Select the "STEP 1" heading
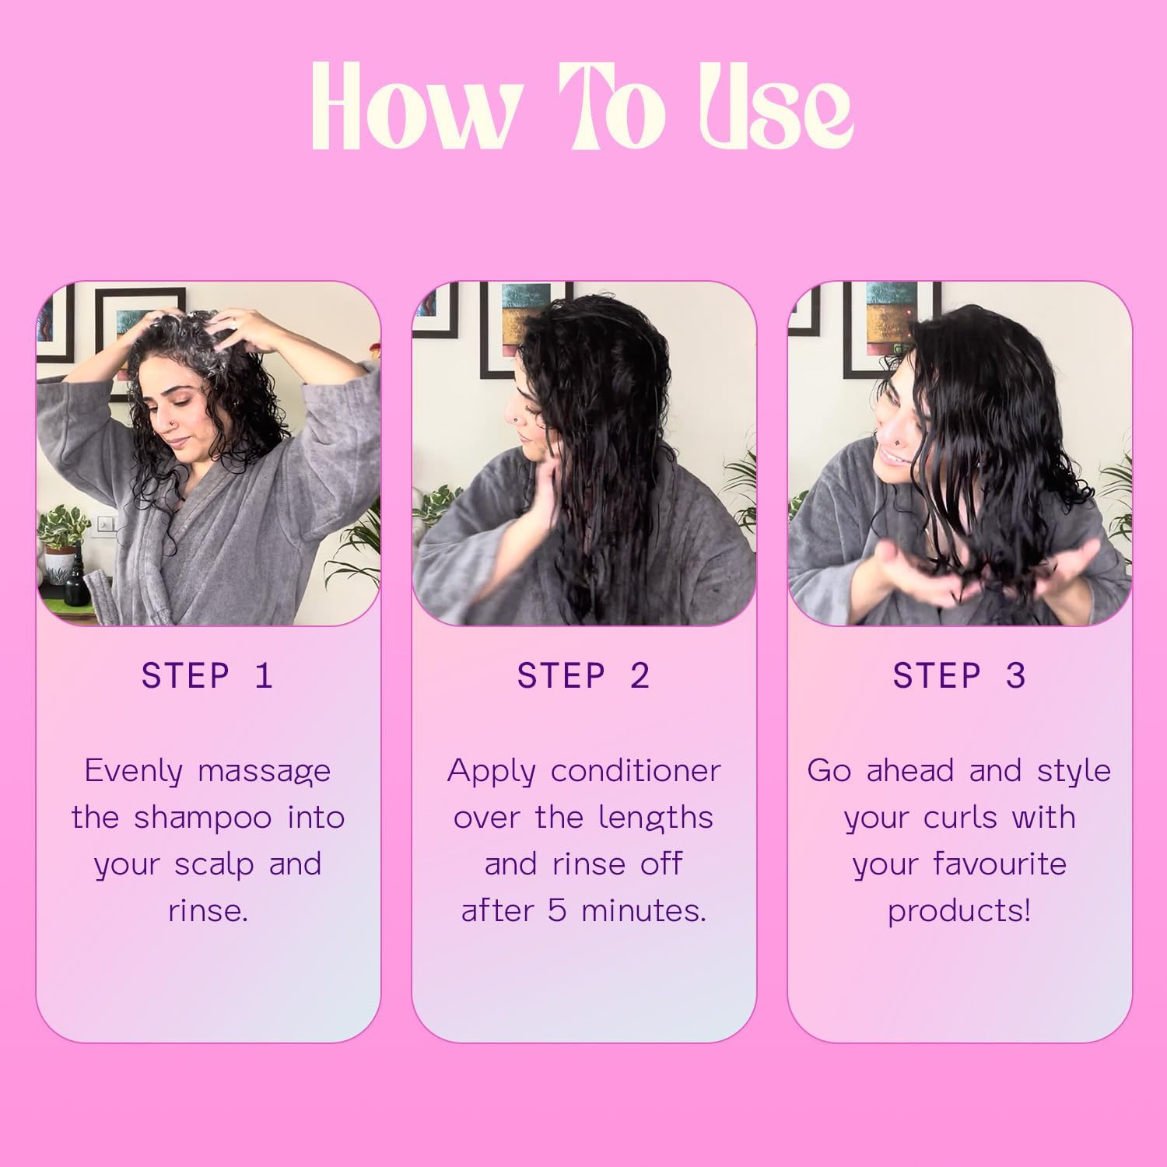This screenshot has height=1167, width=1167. coord(208,675)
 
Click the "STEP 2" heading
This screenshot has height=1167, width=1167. coord(583,675)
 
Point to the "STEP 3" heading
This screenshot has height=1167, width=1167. coord(959,675)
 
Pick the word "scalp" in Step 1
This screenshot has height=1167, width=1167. coord(217,865)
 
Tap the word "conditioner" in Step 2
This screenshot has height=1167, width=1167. coord(636,771)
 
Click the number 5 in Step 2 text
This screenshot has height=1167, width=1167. coord(557,911)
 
